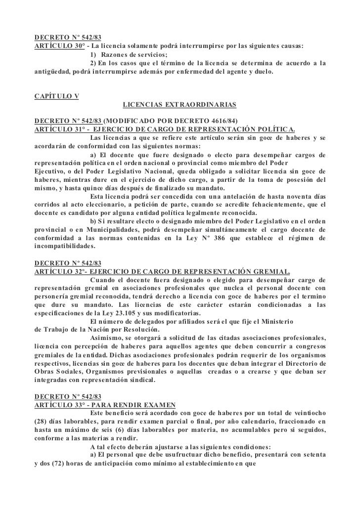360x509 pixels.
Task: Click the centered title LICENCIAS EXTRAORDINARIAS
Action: [180, 105]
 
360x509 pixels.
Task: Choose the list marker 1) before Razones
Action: [94, 54]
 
